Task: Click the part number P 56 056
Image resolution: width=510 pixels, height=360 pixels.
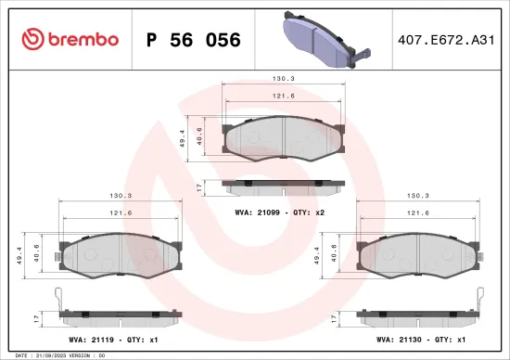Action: [194, 40]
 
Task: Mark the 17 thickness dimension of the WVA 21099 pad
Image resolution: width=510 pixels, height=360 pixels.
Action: [199, 186]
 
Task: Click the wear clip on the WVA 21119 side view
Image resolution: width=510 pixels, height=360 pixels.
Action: [57, 302]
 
